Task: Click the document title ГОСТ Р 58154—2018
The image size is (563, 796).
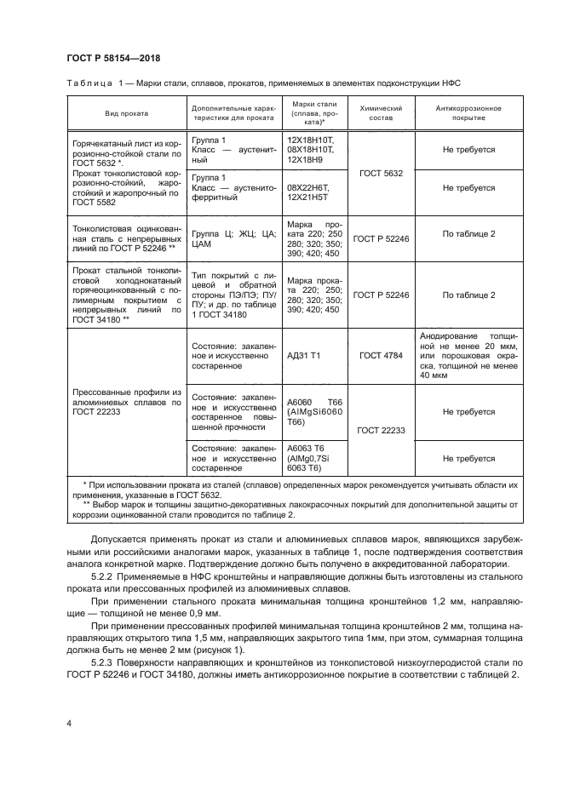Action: (113, 58)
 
